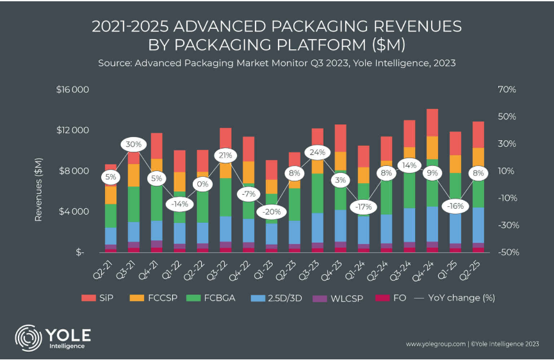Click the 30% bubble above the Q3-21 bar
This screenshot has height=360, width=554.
point(134,144)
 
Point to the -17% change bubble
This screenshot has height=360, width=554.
point(363,207)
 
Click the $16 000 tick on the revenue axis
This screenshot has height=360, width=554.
point(72,90)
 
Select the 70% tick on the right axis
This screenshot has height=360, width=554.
point(507,90)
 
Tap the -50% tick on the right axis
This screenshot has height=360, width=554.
point(505,252)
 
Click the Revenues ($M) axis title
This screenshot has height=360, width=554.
point(40,189)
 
